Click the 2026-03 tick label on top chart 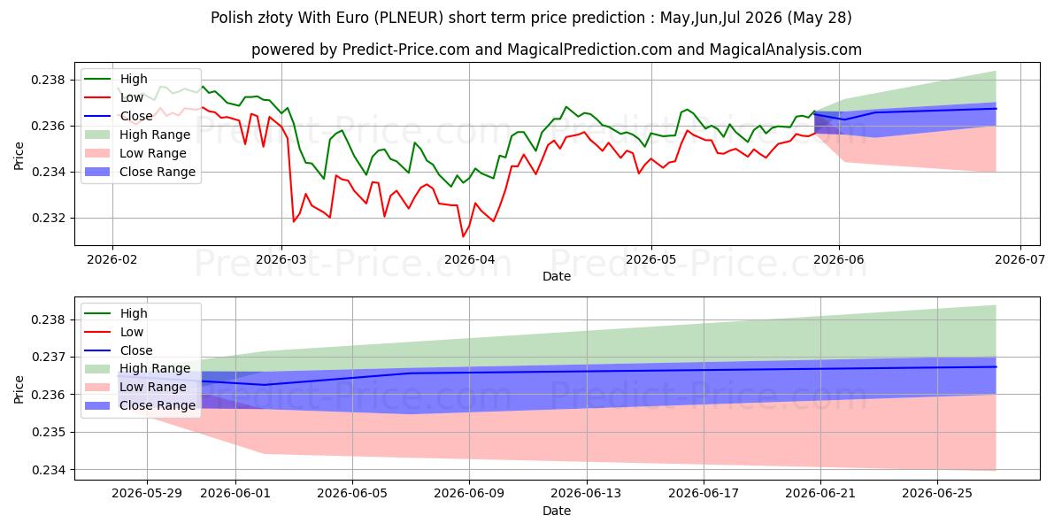click(281, 259)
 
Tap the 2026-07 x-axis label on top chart click(1020, 259)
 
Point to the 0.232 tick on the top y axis click(48, 218)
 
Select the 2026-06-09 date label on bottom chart click(469, 494)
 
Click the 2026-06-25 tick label click(937, 494)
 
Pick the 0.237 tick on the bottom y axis click(48, 357)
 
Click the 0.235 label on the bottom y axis click(48, 433)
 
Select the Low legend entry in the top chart click(114, 97)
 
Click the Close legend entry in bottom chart click(119, 350)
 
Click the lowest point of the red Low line click(463, 236)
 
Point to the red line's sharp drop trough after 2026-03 click(293, 221)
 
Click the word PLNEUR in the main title click(409, 18)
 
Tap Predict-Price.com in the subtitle click(406, 50)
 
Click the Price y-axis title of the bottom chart click(19, 389)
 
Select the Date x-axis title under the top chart click(557, 276)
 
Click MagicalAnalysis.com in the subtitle click(786, 50)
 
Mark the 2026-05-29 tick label click(147, 494)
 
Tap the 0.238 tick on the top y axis click(48, 80)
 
